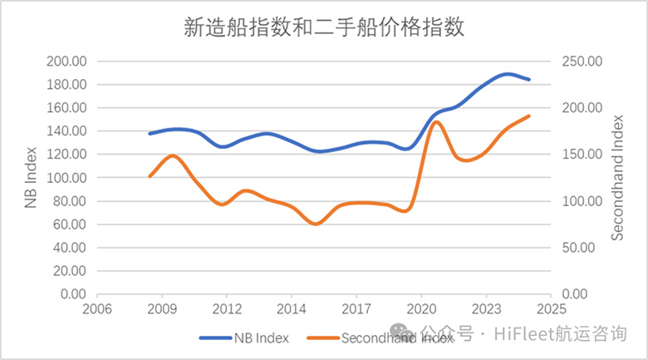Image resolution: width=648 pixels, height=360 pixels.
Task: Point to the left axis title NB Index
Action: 31,178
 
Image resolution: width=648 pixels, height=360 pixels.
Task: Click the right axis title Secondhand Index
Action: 617,178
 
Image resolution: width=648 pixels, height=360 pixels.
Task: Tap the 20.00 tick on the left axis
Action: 71,271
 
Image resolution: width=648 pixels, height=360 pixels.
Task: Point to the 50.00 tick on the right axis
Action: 577,248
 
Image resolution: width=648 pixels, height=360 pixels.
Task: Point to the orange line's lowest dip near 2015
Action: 315,224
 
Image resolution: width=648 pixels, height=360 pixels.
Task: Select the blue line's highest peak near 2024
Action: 508,74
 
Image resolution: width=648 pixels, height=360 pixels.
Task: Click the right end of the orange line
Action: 529,116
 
